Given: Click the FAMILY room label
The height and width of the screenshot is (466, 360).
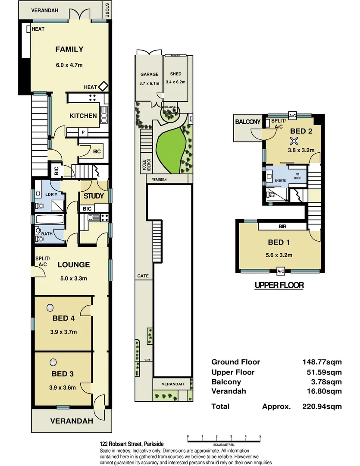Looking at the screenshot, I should point(69,49).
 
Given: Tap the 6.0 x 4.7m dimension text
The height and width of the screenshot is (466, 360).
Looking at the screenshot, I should point(69,65).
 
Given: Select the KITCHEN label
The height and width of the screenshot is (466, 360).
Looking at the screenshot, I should point(83,116).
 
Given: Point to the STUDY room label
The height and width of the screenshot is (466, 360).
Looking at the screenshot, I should point(94,196).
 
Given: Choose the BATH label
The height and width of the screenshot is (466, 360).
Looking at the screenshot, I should point(47,234).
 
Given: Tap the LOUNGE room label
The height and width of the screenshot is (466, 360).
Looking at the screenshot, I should point(74,265).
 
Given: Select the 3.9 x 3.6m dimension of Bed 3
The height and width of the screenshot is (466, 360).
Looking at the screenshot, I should point(63,387).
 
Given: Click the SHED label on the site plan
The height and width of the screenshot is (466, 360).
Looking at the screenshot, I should point(175,74).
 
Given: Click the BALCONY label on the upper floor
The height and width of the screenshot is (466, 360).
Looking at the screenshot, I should point(247,122).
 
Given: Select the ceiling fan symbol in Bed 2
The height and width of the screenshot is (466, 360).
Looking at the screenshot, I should point(294,140).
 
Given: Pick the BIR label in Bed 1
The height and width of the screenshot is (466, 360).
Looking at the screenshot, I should point(283,226).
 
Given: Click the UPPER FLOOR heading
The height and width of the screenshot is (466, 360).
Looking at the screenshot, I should point(279,285).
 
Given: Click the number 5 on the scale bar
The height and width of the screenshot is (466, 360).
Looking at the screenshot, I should point(260,437).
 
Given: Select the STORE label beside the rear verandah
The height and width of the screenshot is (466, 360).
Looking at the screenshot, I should point(107,10).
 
